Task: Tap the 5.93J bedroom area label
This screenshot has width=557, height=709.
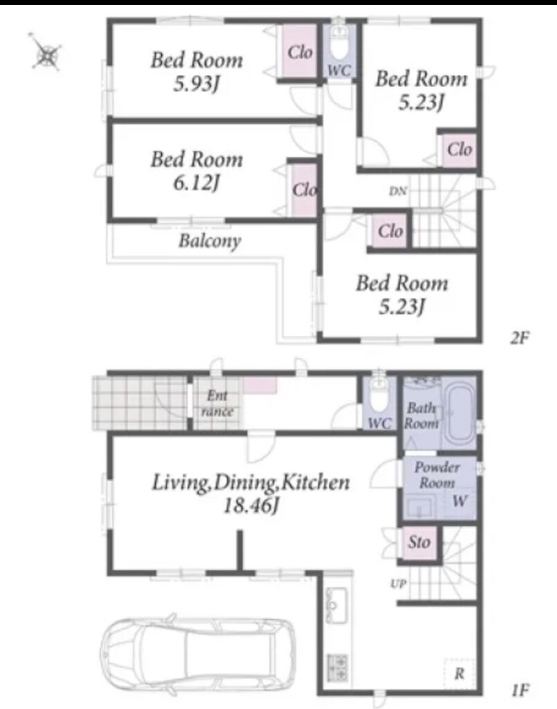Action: (x=197, y=84)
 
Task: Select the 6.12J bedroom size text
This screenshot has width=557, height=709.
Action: (x=197, y=183)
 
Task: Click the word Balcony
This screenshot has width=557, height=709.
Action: (x=209, y=240)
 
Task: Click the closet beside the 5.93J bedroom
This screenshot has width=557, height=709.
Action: (x=299, y=51)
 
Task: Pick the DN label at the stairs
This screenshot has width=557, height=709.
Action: (x=398, y=191)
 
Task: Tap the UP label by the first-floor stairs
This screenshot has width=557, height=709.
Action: (x=398, y=584)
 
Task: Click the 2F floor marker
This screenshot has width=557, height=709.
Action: (x=520, y=337)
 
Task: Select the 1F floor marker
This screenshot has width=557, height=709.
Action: (x=520, y=690)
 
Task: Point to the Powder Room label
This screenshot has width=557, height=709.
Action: (x=436, y=475)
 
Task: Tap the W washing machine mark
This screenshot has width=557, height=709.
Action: (x=459, y=501)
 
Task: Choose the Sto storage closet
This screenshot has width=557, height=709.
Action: (x=419, y=542)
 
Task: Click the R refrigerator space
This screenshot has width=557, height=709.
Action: (x=459, y=674)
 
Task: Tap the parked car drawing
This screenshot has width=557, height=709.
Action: (x=197, y=654)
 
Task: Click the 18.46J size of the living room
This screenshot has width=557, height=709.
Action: (x=250, y=505)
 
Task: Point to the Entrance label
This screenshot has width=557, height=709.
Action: (x=218, y=404)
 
